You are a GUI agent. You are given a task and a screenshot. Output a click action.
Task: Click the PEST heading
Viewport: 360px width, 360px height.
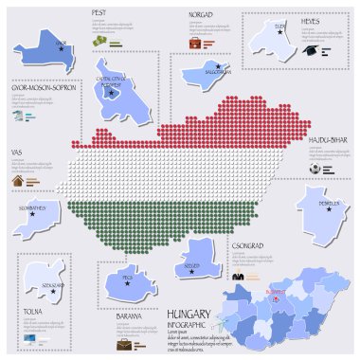[x=97, y=12]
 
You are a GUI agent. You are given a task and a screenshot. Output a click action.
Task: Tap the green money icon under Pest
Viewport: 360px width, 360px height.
[x=99, y=43]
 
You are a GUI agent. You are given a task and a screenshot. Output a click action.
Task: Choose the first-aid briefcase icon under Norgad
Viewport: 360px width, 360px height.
[x=194, y=44]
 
